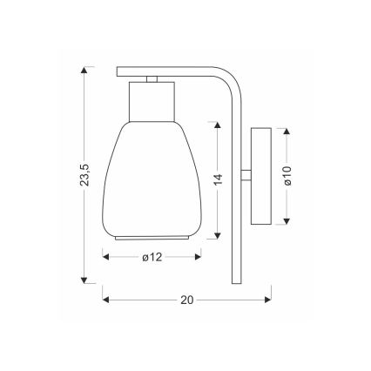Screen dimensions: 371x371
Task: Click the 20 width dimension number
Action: click(185, 300)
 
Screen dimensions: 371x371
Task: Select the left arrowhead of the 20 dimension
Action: click(107, 300)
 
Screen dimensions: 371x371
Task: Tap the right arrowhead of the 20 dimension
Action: click(266, 300)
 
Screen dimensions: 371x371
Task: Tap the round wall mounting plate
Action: click(260, 175)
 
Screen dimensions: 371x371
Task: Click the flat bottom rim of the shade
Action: click(152, 236)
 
